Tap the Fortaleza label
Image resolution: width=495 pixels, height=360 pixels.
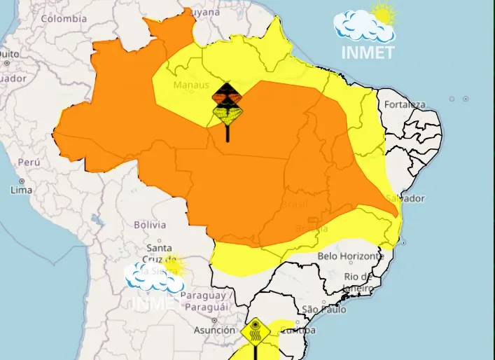404,105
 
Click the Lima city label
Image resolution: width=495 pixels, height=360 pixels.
22,190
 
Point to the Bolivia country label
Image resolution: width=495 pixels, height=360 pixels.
150,225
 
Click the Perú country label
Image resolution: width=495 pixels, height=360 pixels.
29,162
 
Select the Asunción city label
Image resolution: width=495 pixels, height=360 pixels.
214,330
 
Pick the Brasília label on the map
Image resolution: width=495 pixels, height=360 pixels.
312,228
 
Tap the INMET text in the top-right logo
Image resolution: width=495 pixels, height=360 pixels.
368,52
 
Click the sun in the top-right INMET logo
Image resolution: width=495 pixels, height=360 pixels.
383,13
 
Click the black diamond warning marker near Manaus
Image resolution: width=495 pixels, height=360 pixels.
228,92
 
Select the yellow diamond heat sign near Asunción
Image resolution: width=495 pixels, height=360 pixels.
256,330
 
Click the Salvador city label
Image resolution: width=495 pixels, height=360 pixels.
404,198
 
